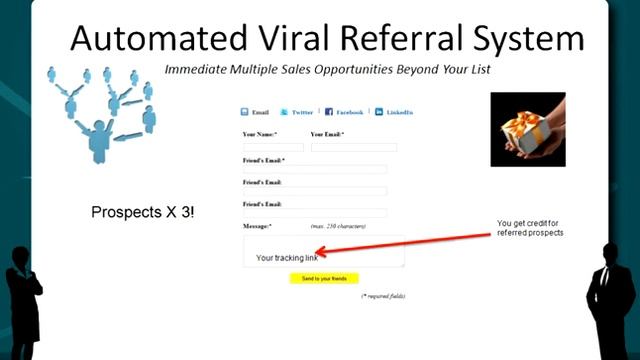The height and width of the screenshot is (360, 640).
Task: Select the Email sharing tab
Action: (255, 113)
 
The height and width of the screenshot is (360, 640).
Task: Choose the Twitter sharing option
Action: (297, 113)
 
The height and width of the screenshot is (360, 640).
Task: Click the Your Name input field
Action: (273, 147)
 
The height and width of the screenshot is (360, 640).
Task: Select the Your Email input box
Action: (353, 147)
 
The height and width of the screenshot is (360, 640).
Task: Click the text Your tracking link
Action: (286, 258)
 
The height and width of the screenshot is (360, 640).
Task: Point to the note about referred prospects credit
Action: (530, 228)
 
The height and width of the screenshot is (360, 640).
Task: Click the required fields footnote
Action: (383, 296)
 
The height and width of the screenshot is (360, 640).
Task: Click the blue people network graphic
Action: (100, 110)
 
